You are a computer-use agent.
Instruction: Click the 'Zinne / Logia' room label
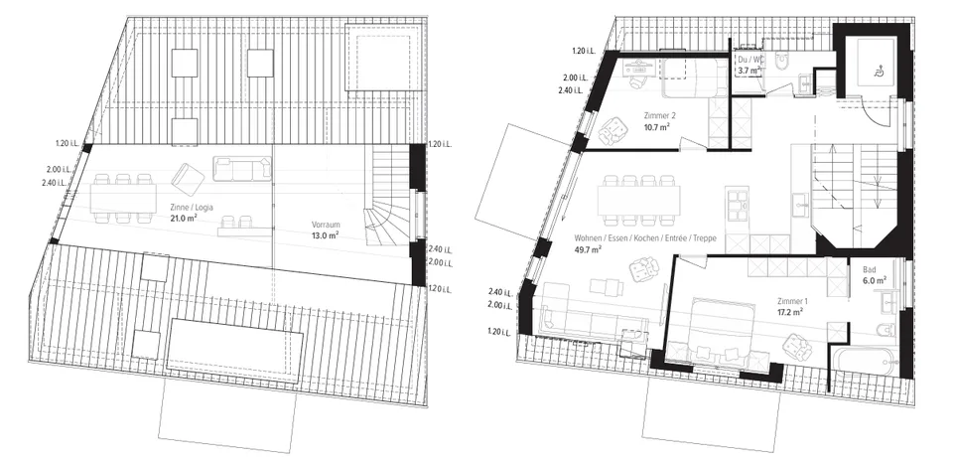192,207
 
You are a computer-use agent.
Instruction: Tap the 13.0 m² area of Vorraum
326,234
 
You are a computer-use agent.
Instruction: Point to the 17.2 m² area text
789,312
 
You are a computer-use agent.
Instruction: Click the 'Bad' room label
870,269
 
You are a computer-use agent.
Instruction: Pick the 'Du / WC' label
749,60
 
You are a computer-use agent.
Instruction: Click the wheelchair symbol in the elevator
877,72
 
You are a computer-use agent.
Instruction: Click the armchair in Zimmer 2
614,129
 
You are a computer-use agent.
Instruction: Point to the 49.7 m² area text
588,248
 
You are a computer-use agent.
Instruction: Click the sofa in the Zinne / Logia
242,169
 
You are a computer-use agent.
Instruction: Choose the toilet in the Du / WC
783,61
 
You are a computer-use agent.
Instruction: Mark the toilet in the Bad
885,331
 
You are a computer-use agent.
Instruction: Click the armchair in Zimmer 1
797,347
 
